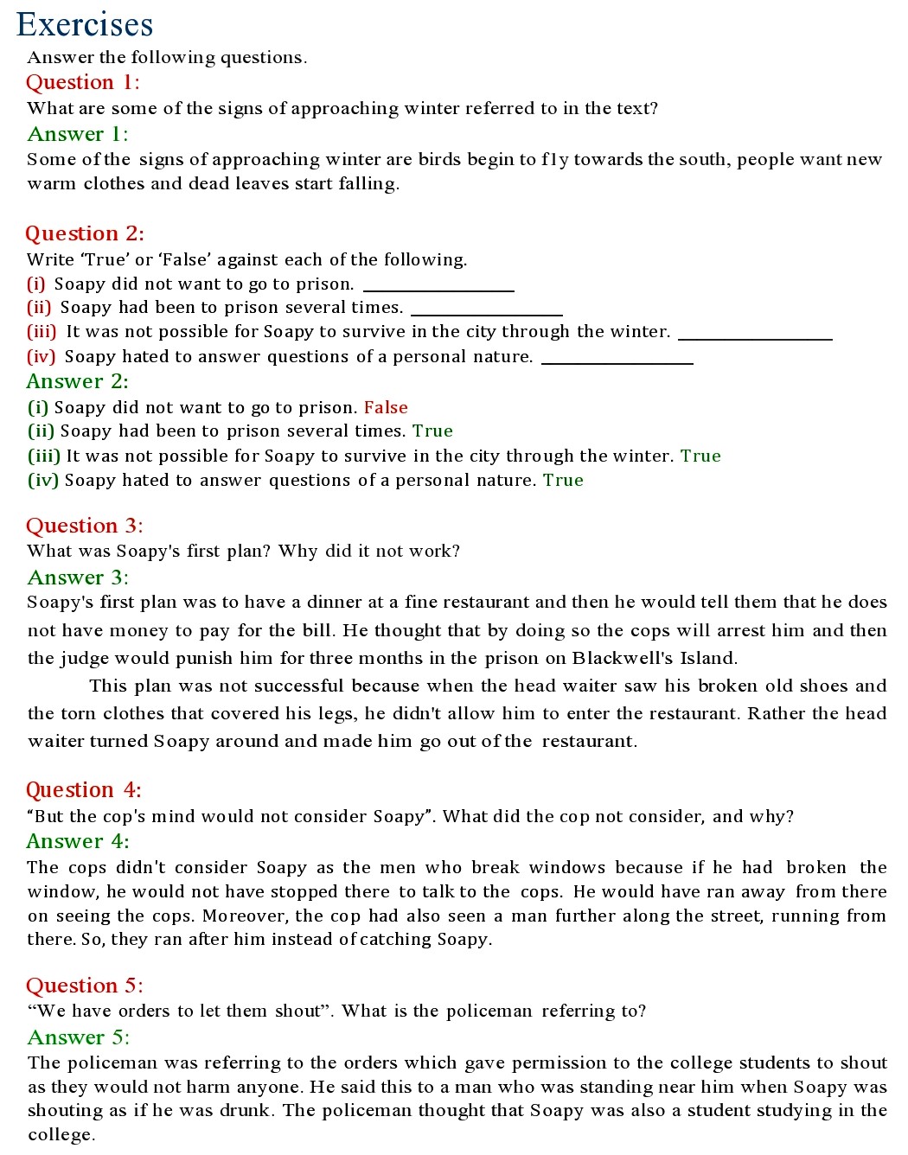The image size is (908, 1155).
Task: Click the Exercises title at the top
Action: point(85,24)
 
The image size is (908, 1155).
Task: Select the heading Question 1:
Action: point(82,82)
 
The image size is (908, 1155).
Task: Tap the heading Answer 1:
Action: point(77,134)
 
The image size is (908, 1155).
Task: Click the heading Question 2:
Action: point(84,233)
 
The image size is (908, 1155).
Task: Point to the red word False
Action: point(386,407)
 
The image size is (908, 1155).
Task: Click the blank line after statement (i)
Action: point(438,289)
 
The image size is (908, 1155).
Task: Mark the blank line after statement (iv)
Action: point(617,362)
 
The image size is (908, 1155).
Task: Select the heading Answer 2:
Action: point(77,381)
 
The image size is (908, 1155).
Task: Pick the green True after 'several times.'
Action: point(432,431)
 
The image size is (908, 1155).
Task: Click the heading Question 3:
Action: point(84,526)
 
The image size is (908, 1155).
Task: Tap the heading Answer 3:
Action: point(77,577)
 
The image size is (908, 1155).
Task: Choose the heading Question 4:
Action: point(83,790)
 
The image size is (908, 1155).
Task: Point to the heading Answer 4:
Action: point(77,841)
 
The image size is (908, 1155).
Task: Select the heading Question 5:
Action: point(84,986)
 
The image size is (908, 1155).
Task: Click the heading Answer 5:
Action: point(78,1037)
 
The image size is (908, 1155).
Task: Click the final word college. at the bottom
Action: point(61,1134)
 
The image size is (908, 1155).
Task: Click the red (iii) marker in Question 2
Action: point(42,332)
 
